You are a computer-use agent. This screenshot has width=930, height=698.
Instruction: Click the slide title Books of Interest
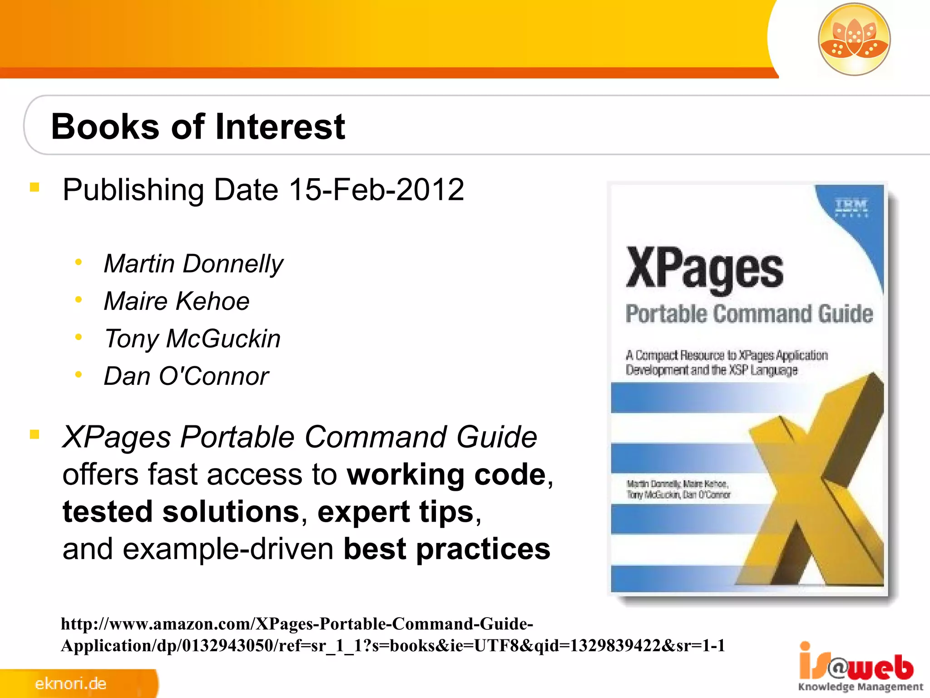coord(198,126)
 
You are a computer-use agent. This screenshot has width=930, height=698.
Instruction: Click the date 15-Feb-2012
coord(376,189)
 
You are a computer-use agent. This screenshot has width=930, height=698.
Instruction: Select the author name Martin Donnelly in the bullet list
coord(193,264)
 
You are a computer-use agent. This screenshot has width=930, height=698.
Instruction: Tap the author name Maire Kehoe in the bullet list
coord(177,301)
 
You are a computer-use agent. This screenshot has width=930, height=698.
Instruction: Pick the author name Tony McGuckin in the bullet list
coord(193,339)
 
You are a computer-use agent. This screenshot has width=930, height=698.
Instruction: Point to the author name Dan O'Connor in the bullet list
coord(186,376)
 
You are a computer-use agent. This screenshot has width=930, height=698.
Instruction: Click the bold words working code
coord(446,474)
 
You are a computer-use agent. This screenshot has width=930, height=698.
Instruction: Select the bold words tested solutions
coord(181,512)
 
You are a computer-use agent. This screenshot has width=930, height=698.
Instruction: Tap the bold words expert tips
coord(395,512)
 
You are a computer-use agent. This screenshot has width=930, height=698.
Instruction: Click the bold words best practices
coord(447,549)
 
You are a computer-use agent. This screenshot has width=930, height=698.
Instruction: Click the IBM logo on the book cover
coord(851,206)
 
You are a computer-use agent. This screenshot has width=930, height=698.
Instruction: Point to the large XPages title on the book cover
coord(704,269)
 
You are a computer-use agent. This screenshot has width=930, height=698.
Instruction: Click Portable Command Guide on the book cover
coord(749,314)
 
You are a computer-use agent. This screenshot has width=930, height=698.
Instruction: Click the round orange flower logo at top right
coord(854,40)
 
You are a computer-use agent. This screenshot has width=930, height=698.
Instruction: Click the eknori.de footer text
coord(71,683)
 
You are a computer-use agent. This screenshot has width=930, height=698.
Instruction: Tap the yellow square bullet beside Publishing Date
coord(35,187)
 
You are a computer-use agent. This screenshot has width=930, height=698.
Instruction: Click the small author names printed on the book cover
coord(678,489)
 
